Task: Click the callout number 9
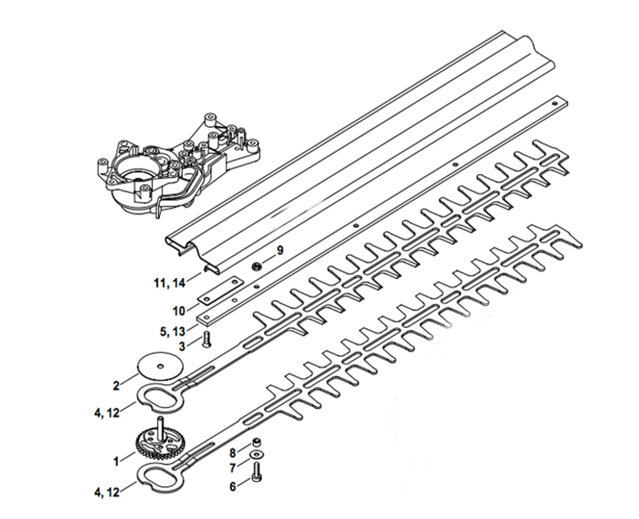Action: coord(280,250)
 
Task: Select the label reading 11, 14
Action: coord(170,283)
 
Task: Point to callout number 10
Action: coord(179,311)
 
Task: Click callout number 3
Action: coord(182,346)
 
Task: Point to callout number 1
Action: coord(116,461)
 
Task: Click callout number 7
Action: coord(232,468)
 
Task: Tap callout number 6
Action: coord(233,487)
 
